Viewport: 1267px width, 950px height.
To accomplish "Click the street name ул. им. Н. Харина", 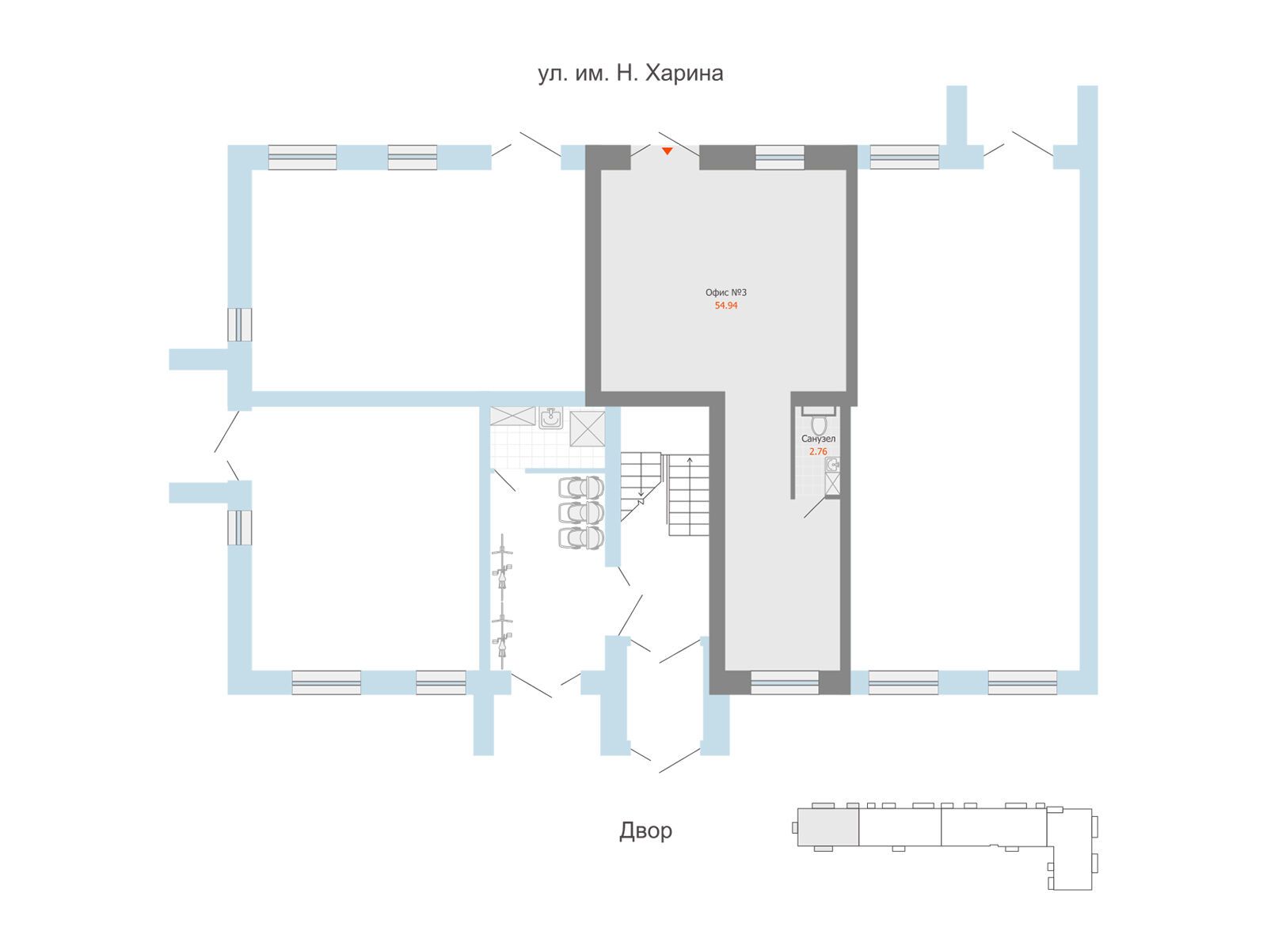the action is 630,74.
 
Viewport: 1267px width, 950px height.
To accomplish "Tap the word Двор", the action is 645,830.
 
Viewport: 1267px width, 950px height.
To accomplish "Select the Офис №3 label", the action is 725,292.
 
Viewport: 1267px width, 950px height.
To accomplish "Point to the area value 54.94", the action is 726,306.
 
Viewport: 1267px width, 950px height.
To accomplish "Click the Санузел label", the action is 818,439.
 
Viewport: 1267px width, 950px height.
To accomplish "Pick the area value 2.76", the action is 818,451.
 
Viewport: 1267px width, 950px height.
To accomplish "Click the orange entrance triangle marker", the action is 667,151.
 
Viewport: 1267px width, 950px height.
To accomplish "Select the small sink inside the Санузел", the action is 831,465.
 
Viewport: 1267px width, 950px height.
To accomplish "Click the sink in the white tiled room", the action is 551,418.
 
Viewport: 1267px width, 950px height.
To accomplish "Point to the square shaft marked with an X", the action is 587,428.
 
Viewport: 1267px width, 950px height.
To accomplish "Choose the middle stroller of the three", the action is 580,512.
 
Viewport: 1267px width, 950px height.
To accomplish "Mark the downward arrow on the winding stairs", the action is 641,494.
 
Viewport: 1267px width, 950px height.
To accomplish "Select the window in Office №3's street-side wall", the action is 780,157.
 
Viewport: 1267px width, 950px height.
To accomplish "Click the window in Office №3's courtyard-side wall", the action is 785,682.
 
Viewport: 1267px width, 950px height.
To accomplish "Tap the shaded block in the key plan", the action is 828,827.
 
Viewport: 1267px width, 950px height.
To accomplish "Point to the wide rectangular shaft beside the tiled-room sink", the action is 512,416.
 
